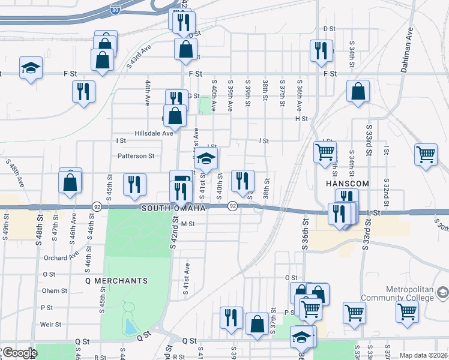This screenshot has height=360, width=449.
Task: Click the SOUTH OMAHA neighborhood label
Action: click(173, 208)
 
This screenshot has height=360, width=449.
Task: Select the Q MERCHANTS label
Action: click(116, 280)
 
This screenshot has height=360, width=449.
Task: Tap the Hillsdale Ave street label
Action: click(154, 133)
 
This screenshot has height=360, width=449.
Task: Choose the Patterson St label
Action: click(136, 156)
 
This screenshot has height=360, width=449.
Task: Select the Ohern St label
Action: click(55, 291)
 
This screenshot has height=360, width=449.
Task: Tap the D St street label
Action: click(328, 28)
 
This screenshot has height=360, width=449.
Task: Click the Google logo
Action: click(19, 353)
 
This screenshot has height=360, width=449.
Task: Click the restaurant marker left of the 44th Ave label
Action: click(83, 92)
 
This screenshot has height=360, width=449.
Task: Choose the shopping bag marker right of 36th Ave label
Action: click(358, 92)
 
